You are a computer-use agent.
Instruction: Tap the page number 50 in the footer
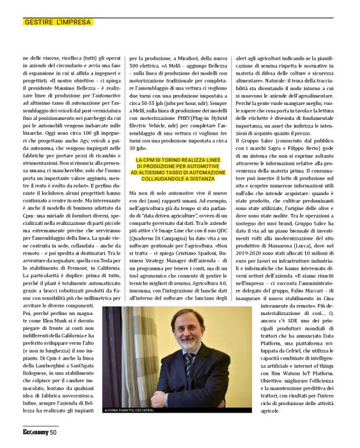coord(53,432)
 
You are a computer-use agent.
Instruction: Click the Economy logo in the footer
coord(35,432)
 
